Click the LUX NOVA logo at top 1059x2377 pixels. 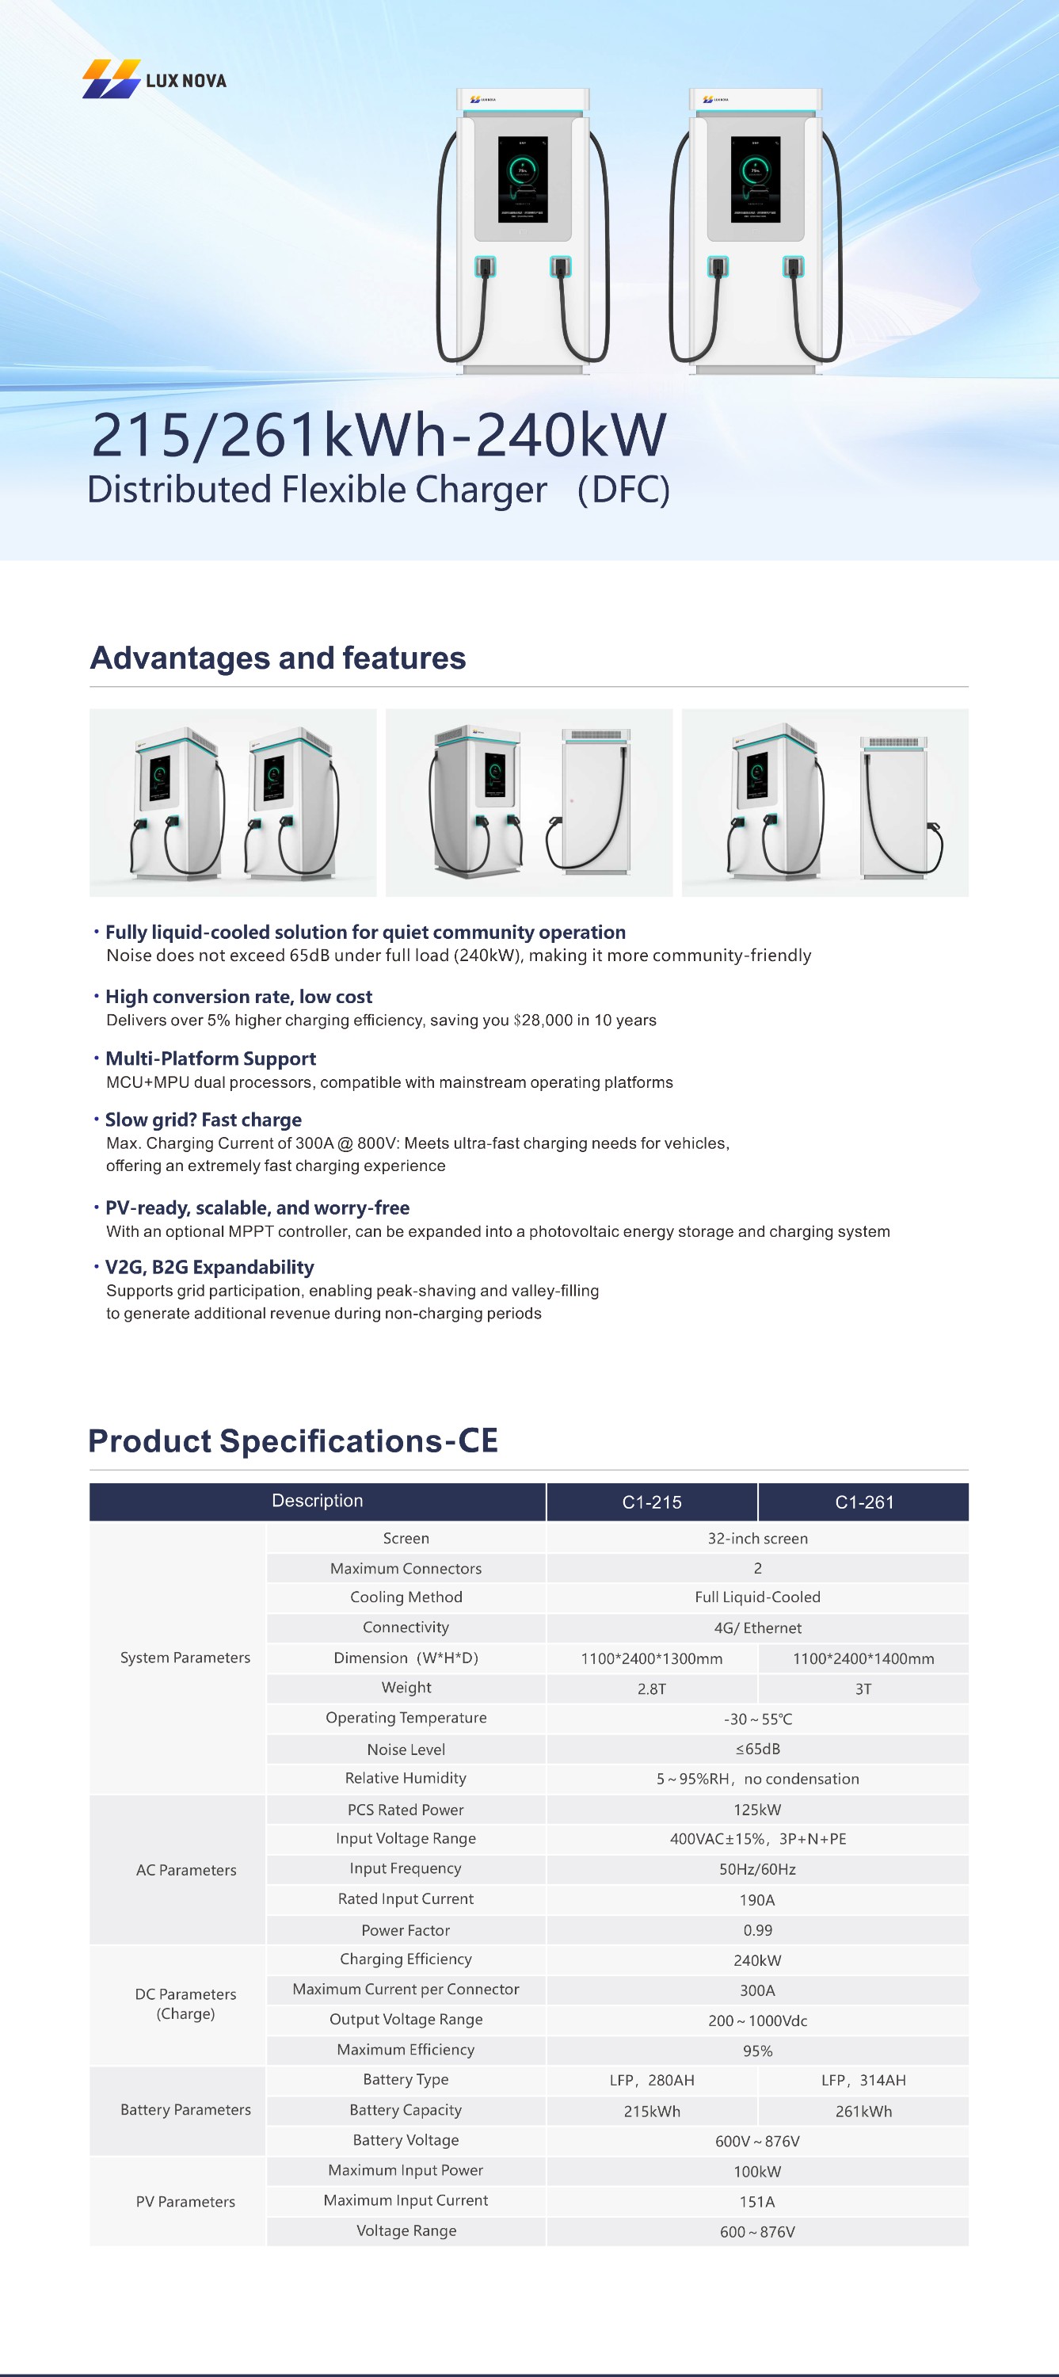pos(154,80)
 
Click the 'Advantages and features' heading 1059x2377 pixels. pos(278,658)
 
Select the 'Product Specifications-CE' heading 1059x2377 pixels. pos(292,1440)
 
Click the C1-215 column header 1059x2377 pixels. pos(651,1501)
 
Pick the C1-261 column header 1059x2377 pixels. pos(863,1501)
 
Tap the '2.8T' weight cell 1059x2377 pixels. pos(651,1688)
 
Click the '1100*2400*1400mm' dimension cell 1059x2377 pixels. pos(863,1658)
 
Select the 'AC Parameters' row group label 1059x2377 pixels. pos(185,1869)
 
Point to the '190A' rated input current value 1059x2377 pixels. pos(756,1899)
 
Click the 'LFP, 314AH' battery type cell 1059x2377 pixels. pos(863,2080)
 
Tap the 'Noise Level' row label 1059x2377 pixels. pos(406,1749)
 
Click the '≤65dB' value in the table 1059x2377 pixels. pos(757,1749)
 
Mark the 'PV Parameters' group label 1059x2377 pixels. pos(185,2201)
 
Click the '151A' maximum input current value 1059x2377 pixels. pos(756,2201)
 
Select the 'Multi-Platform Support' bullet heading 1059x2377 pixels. pos(211,1059)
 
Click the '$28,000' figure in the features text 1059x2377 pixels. pos(543,1020)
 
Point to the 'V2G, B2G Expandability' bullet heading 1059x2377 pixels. pos(209,1267)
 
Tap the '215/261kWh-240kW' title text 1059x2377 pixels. pos(379,435)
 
